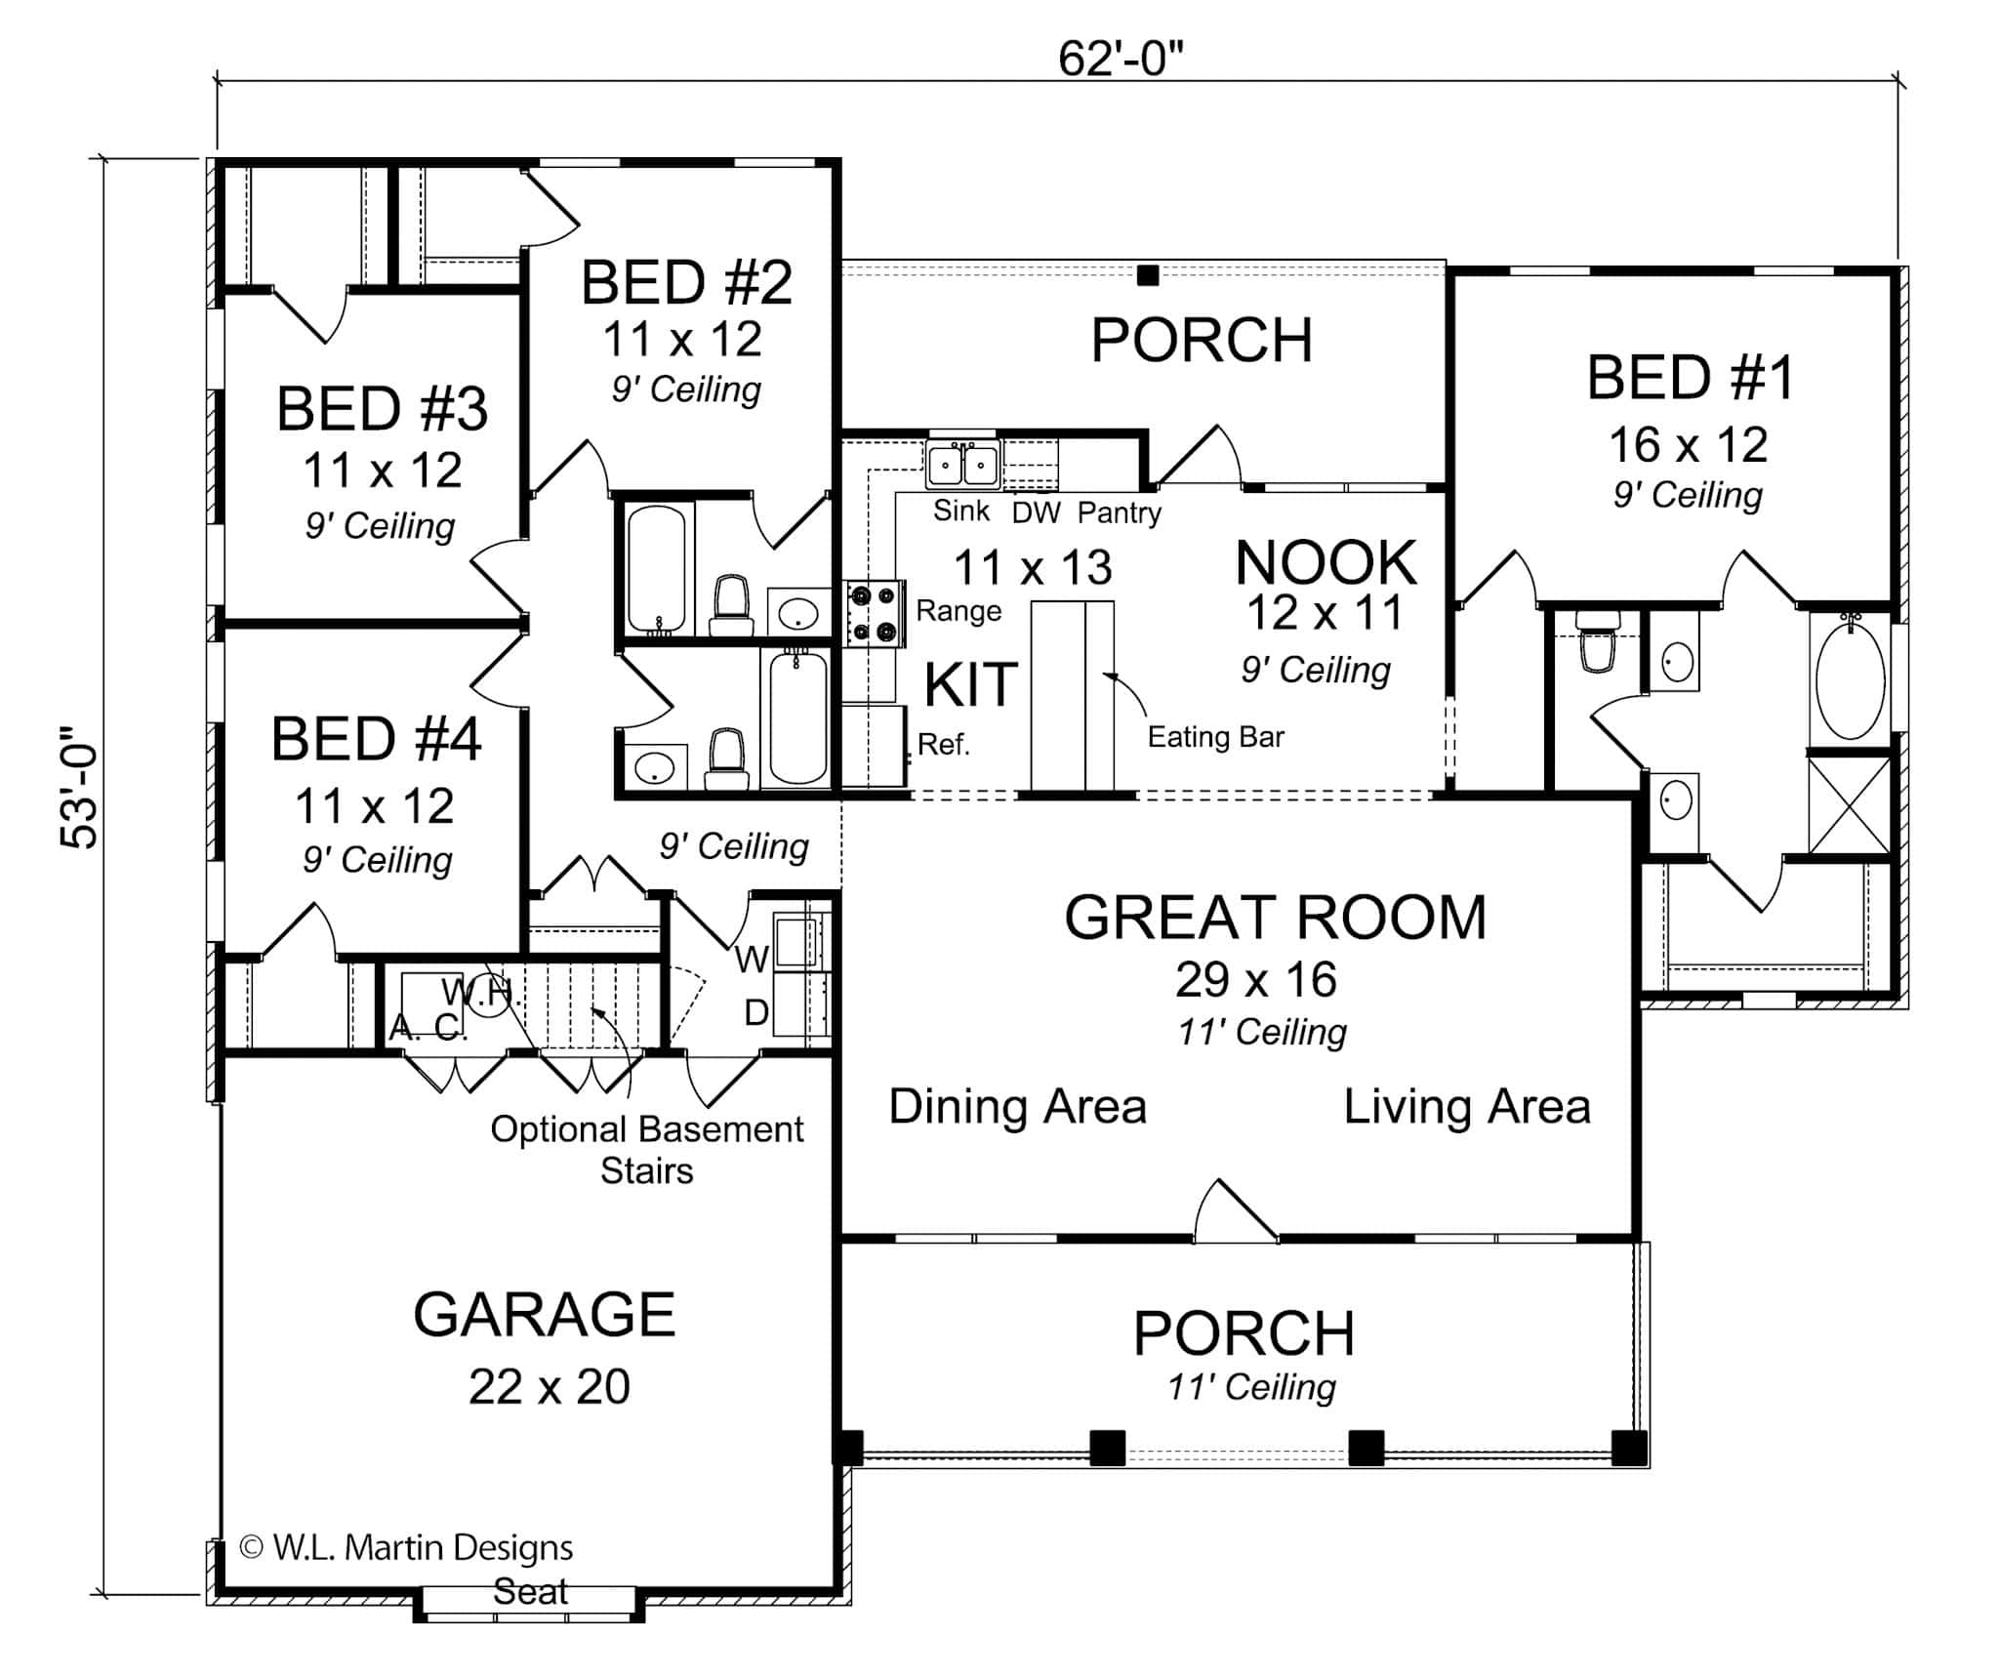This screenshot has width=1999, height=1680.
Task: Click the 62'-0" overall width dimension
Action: point(1121,61)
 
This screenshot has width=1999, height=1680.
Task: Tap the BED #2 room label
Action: point(686,283)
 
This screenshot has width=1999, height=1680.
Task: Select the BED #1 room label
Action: point(1690,379)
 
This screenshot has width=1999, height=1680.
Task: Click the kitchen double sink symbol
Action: point(962,465)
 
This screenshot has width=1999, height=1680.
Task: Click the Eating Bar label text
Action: point(1215,737)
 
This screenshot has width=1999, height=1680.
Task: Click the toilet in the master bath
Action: point(1598,644)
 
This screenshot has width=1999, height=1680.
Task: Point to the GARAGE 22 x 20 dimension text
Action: point(550,1387)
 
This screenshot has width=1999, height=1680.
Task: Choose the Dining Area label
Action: point(1017,1107)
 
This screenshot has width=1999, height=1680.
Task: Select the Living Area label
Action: point(1467,1107)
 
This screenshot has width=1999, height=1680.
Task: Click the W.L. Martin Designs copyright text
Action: point(407,1547)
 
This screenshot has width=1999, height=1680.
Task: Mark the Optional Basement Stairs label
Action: point(646,1149)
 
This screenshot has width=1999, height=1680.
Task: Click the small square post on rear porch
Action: point(1148,275)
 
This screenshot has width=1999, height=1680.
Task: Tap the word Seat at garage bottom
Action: point(530,1592)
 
